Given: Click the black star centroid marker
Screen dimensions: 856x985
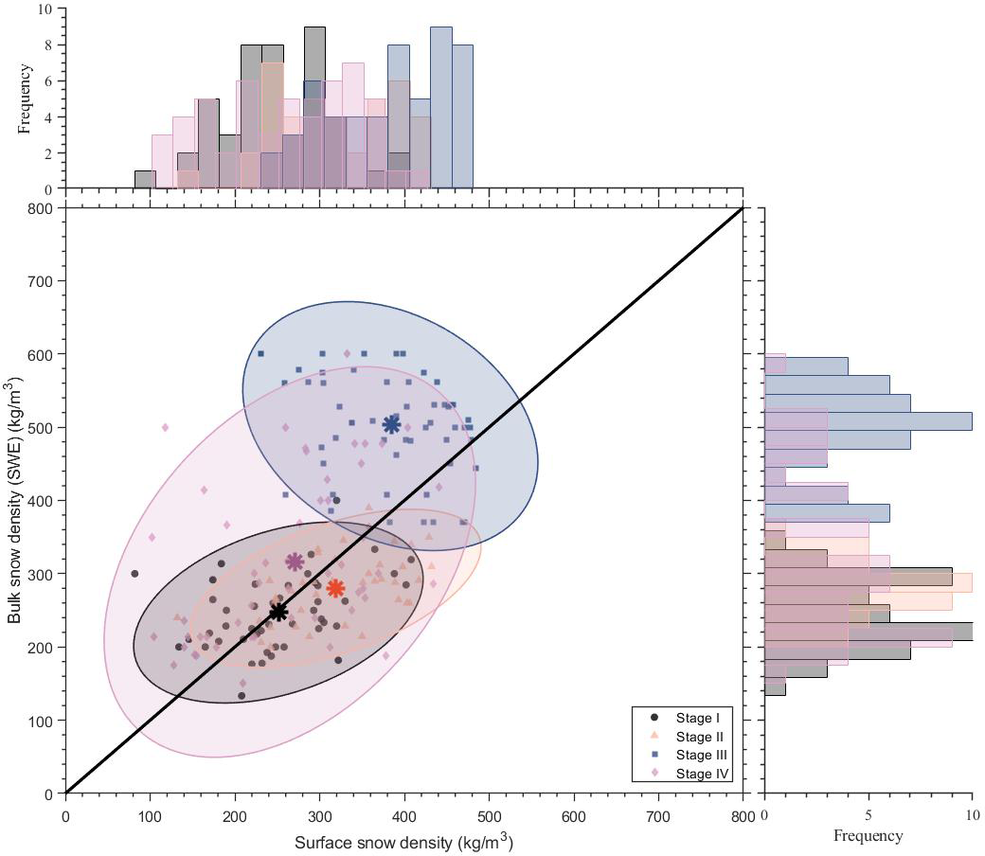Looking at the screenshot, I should click(x=278, y=612).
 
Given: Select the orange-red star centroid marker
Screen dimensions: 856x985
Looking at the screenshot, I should click(x=335, y=588).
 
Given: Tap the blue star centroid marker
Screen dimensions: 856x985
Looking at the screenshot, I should click(x=392, y=424).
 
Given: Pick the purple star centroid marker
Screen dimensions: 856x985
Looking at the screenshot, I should click(x=295, y=562).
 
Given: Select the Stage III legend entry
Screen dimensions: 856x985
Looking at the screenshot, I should click(x=695, y=754).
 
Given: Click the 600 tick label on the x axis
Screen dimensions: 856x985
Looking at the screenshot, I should click(x=574, y=814).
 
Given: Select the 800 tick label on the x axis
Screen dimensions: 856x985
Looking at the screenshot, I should click(x=743, y=814).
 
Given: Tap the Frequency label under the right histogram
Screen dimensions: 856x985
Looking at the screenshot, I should click(x=868, y=836).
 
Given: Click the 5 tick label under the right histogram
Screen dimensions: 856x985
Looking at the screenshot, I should click(x=869, y=814).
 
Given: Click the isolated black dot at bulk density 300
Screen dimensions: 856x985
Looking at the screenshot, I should click(x=134, y=574).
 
